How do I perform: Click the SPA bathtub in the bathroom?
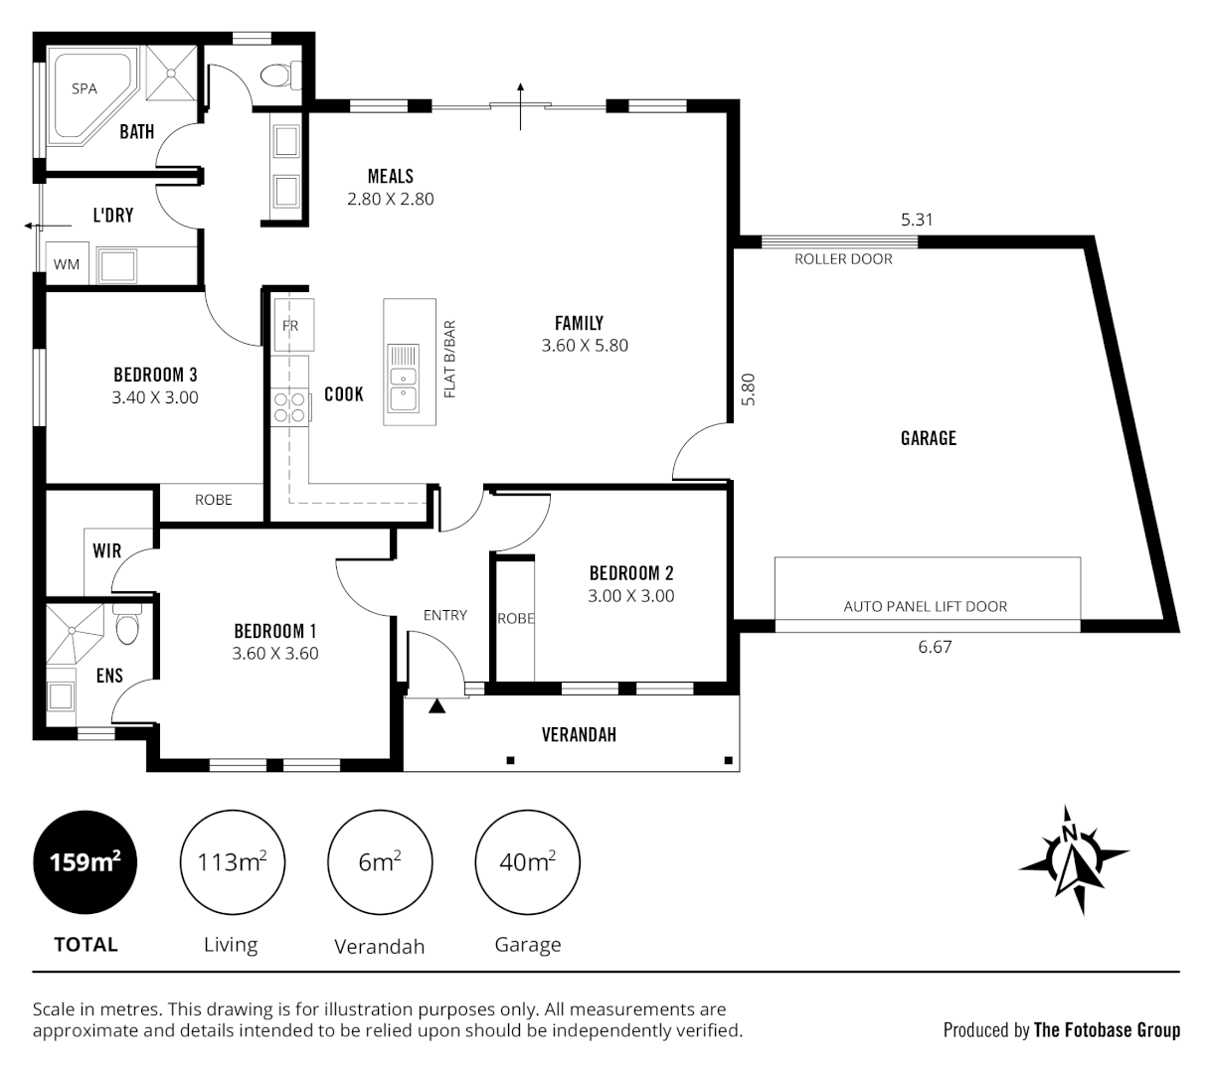point(87,95)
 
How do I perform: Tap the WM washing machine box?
point(67,264)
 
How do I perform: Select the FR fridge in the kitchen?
point(291,325)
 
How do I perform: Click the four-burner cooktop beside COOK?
point(289,407)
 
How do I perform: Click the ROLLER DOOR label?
point(843,259)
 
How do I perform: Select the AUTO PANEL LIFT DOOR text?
point(925,606)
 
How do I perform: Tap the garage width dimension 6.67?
point(935,647)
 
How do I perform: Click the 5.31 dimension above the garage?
point(917,220)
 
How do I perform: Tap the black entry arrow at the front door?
point(435,706)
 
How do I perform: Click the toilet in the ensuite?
point(127,627)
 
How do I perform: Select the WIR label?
point(106,551)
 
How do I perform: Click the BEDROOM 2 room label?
point(630,573)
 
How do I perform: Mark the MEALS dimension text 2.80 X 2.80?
point(390,199)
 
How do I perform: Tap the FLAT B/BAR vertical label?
point(449,360)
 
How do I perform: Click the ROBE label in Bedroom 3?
point(213,500)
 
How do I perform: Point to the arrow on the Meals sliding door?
point(521,105)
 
